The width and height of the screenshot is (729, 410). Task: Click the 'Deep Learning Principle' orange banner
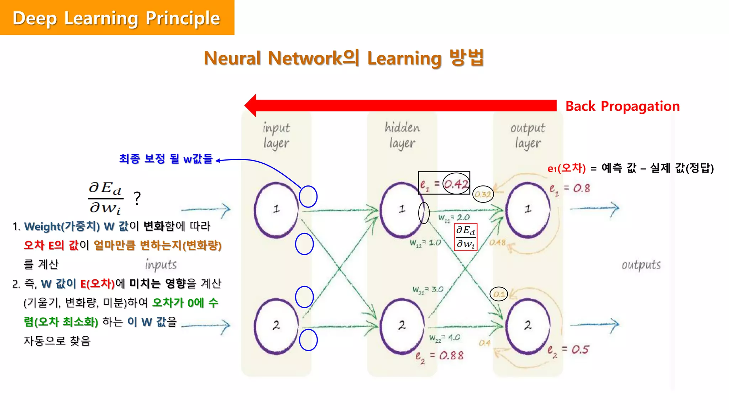[x=117, y=18]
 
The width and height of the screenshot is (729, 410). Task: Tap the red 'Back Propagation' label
[x=622, y=106]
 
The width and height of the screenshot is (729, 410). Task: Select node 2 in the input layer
[x=276, y=325]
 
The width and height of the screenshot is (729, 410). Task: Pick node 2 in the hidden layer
[x=402, y=325]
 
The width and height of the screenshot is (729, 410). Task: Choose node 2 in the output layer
[x=528, y=325]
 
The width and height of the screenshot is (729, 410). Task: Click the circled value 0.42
[x=456, y=184]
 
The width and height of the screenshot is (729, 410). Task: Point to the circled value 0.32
[x=483, y=194]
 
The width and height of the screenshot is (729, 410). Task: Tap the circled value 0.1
[x=499, y=294]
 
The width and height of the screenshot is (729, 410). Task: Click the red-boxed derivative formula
[x=466, y=237]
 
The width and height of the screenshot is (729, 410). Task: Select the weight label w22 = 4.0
[x=445, y=338]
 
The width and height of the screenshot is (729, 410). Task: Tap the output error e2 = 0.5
[x=568, y=350]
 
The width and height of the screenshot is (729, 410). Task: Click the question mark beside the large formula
[x=137, y=198]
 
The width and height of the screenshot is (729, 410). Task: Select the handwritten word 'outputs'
[x=641, y=265]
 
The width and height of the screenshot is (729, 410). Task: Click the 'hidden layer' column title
[x=402, y=135]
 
